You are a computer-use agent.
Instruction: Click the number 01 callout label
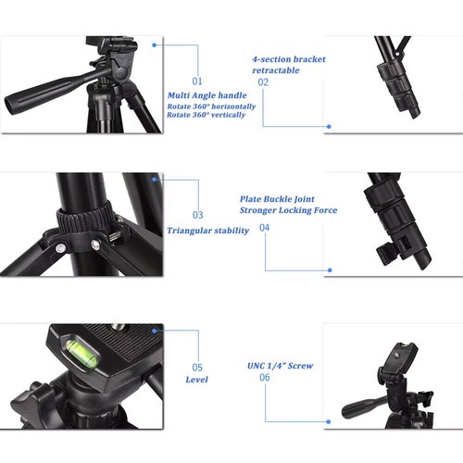pyautogui.click(x=197, y=81)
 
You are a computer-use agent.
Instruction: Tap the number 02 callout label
pyautogui.click(x=263, y=82)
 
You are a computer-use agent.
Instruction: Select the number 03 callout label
pyautogui.click(x=197, y=215)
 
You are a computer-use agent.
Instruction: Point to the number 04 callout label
pyautogui.click(x=265, y=228)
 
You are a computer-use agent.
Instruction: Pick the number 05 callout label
pyautogui.click(x=197, y=367)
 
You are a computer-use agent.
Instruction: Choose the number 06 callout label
pyautogui.click(x=266, y=378)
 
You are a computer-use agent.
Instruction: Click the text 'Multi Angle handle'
pyautogui.click(x=207, y=96)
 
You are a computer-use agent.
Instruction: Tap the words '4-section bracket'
pyautogui.click(x=288, y=59)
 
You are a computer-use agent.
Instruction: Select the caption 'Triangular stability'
pyautogui.click(x=207, y=231)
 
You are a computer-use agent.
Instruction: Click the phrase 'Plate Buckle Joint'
pyautogui.click(x=276, y=198)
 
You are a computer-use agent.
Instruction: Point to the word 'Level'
pyautogui.click(x=196, y=380)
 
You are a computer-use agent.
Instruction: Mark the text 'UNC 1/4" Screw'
pyautogui.click(x=280, y=366)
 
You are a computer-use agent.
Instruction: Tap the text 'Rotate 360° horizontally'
pyautogui.click(x=212, y=107)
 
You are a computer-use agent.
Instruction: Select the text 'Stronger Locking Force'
pyautogui.click(x=288, y=210)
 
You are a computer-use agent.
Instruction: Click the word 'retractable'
pyautogui.click(x=277, y=70)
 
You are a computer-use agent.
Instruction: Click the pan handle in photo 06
pyautogui.click(x=363, y=407)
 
